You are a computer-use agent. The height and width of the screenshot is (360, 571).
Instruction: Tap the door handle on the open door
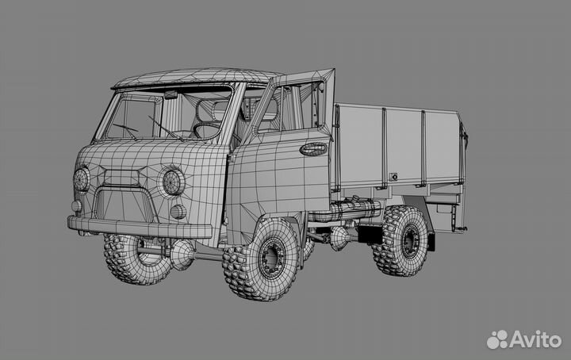coord(313,149)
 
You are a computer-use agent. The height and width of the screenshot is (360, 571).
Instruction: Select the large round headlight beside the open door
coord(174,182)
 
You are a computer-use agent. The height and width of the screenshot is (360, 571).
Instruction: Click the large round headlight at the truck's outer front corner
coord(81,179)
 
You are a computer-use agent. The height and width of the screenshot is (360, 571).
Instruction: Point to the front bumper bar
coord(140,227)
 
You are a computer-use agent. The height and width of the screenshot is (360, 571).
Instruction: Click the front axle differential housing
coord(182,254)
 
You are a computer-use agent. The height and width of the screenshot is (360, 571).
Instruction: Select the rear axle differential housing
coord(339,239)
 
